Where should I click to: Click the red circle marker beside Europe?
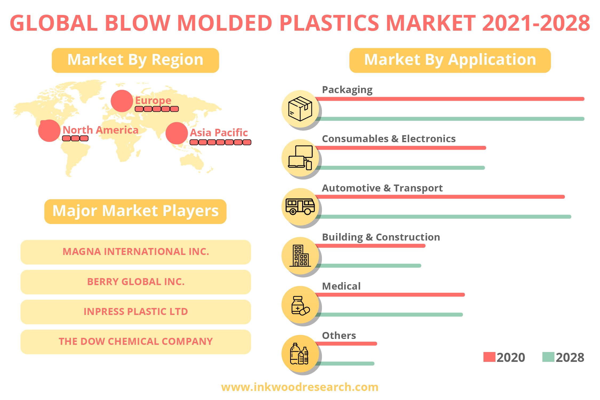[x=122, y=101]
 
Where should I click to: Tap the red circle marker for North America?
[x=49, y=131]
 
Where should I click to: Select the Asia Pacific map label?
[x=219, y=133]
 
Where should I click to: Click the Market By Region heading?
[x=135, y=60]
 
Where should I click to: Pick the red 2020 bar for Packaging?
[x=450, y=99]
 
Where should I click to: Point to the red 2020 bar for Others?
[x=346, y=344]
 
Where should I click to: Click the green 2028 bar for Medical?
[x=389, y=315]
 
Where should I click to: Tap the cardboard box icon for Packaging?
[x=300, y=109]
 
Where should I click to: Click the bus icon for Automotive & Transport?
[x=300, y=206]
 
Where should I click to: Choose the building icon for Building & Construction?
[x=300, y=256]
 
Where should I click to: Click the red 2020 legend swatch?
[x=489, y=357]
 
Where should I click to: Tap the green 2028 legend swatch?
[x=548, y=357]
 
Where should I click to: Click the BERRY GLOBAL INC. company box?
[x=136, y=282]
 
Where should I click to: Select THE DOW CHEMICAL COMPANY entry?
[x=136, y=342]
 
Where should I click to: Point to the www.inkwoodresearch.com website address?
[x=300, y=387]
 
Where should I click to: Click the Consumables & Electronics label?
[x=389, y=139]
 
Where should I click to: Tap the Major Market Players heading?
[x=135, y=211]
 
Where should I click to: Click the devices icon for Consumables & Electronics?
[x=300, y=158]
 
